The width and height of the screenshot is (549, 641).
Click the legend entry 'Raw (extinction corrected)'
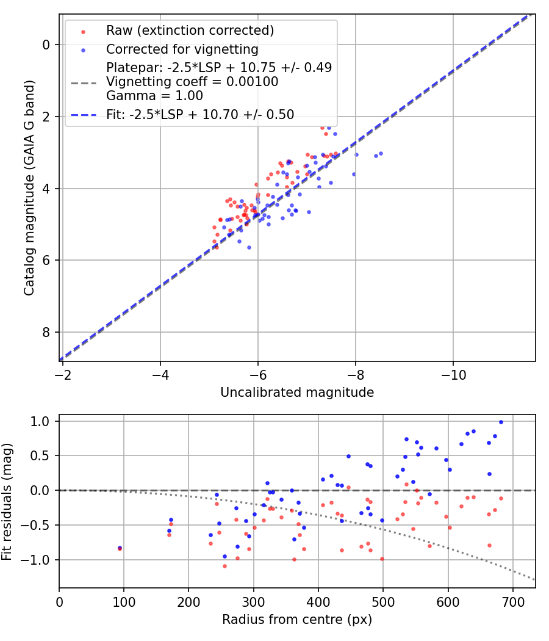click(190, 31)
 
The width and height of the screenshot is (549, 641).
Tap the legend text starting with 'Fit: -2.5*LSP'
click(200, 114)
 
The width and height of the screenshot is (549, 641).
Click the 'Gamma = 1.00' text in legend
click(154, 96)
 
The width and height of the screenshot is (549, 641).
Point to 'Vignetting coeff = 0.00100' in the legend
click(192, 82)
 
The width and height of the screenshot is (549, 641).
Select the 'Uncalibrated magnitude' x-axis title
click(297, 392)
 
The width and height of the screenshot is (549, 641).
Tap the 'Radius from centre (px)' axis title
click(297, 620)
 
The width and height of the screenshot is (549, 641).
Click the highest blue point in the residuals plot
click(501, 422)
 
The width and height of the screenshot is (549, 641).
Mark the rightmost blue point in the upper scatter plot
click(381, 153)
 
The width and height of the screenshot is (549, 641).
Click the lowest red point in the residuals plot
click(224, 566)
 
